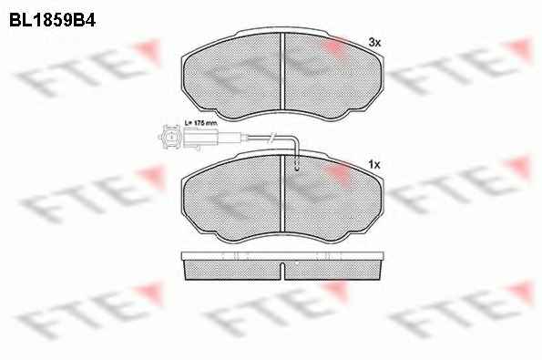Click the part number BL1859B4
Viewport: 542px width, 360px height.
52,20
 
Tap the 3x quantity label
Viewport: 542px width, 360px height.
374,43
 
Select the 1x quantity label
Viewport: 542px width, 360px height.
374,165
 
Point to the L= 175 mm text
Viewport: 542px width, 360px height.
200,122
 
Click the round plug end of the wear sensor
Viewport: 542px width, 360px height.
170,138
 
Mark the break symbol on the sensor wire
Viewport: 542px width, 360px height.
271,138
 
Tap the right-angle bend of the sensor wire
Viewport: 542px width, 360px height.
294,139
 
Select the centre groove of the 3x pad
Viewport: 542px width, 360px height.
282,71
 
